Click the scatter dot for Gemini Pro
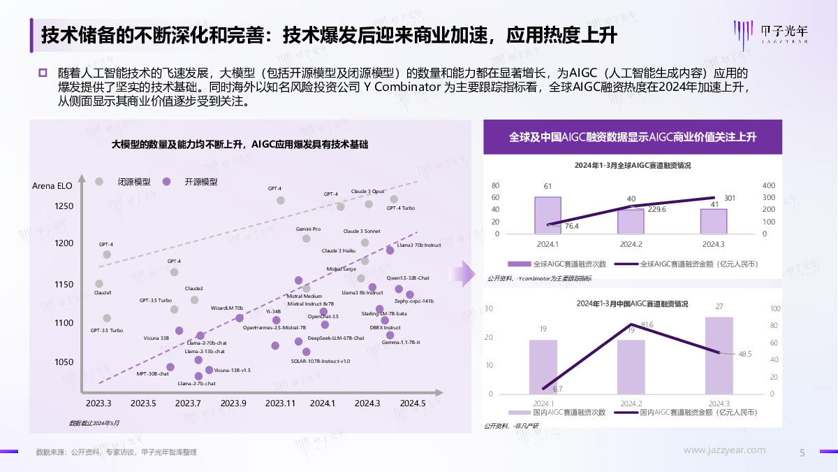[x=306, y=238]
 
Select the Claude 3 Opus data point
[x=369, y=204]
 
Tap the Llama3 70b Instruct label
[x=419, y=245]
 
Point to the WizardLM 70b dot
[x=240, y=318]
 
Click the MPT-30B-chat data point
[x=170, y=367]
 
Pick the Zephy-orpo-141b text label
[x=414, y=301]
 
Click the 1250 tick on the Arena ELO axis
[x=64, y=206]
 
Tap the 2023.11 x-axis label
[x=281, y=403]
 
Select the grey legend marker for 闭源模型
[x=100, y=181]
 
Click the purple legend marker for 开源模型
[x=166, y=181]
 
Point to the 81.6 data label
[x=647, y=324]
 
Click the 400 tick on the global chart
[x=769, y=186]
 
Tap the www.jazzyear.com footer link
[x=724, y=450]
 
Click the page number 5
[x=802, y=452]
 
